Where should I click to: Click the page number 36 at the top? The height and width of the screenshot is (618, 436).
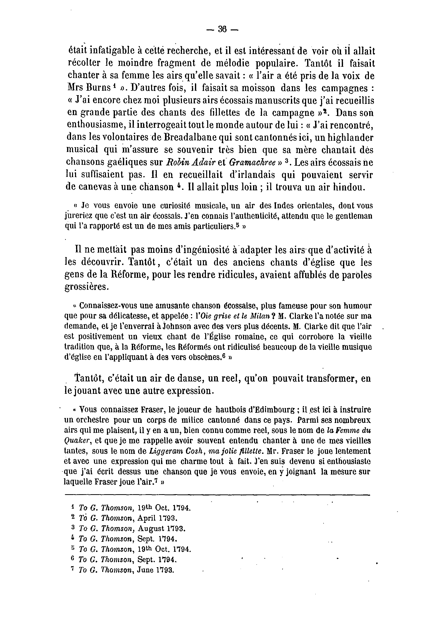tap(222, 29)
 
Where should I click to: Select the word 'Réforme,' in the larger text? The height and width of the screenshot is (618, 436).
tap(129, 275)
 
